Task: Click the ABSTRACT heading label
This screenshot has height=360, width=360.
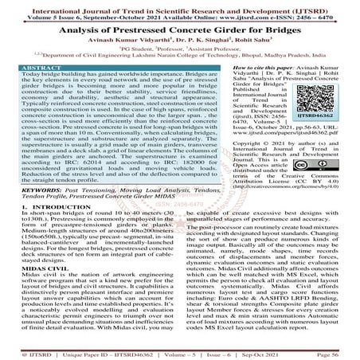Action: point(29,69)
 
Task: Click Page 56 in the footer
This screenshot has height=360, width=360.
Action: point(339,354)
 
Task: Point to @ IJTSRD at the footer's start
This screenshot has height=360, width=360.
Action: point(20,354)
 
